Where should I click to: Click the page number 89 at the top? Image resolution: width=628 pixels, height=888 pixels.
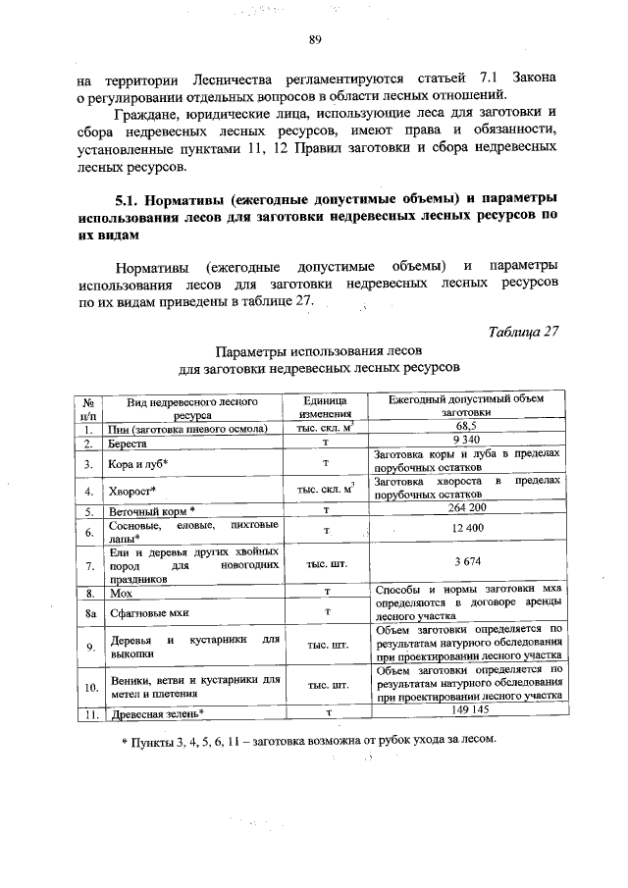point(315,40)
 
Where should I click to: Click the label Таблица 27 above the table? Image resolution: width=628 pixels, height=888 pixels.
point(523,331)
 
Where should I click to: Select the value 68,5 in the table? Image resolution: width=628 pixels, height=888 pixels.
point(465,427)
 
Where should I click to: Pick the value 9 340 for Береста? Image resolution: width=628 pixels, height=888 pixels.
point(465,442)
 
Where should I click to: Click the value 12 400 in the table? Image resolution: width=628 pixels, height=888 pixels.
point(465,530)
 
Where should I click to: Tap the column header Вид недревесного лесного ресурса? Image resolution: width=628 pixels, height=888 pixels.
point(185,407)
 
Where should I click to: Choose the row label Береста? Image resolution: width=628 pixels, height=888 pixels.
point(131,444)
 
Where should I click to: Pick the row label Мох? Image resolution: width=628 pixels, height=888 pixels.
point(121,594)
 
